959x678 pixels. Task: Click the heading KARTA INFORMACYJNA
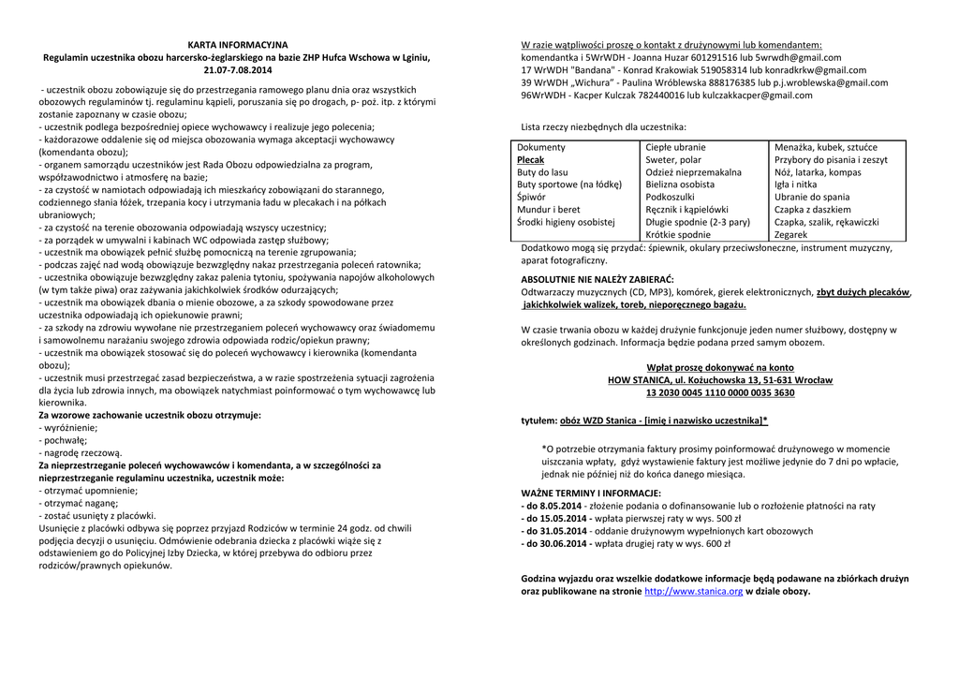pyautogui.click(x=238, y=45)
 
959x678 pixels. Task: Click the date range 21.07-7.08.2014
pyautogui.click(x=238, y=70)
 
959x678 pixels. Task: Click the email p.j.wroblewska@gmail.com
pyautogui.click(x=835, y=82)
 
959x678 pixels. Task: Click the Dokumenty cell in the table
pyautogui.click(x=541, y=147)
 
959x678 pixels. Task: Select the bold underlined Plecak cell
pyautogui.click(x=530, y=160)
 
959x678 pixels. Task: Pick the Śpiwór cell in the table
pyautogui.click(x=531, y=198)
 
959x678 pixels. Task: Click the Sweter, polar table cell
pyautogui.click(x=673, y=160)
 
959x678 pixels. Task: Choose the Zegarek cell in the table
pyautogui.click(x=791, y=235)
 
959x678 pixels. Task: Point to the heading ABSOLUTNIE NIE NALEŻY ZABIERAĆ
pyautogui.click(x=598, y=280)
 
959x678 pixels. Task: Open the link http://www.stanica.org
pyautogui.click(x=694, y=592)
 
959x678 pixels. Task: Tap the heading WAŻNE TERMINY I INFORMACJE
pyautogui.click(x=591, y=493)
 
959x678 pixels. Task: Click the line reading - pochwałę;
pyautogui.click(x=63, y=438)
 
